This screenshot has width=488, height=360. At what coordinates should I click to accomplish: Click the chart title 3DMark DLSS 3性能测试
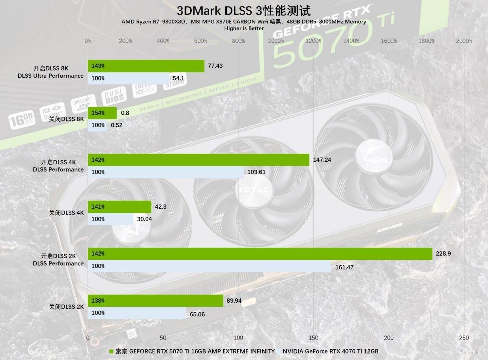pyautogui.click(x=244, y=10)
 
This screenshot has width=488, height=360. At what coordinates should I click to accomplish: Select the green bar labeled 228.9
pyautogui.click(x=260, y=254)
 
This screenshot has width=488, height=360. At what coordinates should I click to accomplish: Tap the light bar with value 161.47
pyautogui.click(x=209, y=266)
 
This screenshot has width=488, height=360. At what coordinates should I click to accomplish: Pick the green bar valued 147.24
pyautogui.click(x=198, y=160)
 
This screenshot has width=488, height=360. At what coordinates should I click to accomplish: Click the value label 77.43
pyautogui.click(x=215, y=66)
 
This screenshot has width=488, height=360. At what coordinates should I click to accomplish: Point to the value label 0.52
pyautogui.click(x=117, y=125)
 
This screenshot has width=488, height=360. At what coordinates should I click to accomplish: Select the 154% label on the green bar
pyautogui.click(x=98, y=113)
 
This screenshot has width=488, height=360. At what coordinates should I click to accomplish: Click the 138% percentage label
pyautogui.click(x=98, y=301)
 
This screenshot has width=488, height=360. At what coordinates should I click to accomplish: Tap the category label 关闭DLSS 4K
pyautogui.click(x=66, y=213)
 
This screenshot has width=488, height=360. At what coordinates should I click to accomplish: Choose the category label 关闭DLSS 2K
pyautogui.click(x=66, y=307)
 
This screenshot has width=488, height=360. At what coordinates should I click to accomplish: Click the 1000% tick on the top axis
pyautogui.click(x=276, y=41)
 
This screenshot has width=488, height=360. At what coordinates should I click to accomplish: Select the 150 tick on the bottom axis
pyautogui.click(x=314, y=338)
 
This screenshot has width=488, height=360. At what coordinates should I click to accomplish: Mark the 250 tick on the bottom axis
pyautogui.click(x=464, y=338)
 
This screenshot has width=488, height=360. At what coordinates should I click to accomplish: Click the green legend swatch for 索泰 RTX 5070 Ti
pyautogui.click(x=112, y=351)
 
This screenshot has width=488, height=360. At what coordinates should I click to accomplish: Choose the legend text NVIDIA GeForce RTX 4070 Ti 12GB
pyautogui.click(x=330, y=351)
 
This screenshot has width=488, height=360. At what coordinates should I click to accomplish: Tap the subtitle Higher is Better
pyautogui.click(x=244, y=28)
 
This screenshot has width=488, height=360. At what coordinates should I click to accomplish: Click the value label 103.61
pyautogui.click(x=256, y=172)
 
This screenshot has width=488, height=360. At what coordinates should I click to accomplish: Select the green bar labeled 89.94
pyautogui.click(x=155, y=301)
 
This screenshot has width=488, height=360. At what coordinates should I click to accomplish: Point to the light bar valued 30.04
pyautogui.click(x=111, y=219)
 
